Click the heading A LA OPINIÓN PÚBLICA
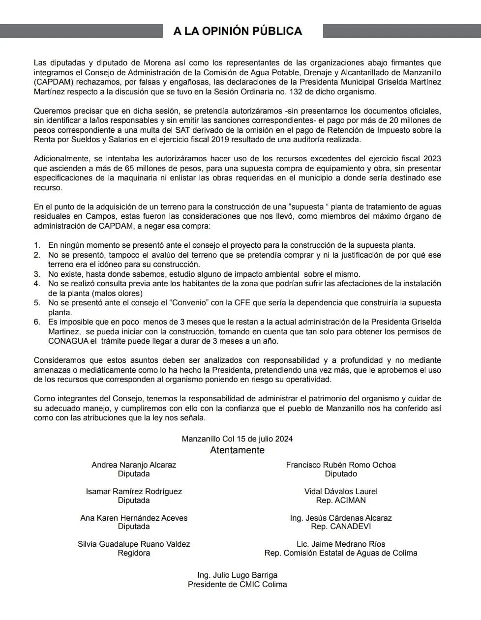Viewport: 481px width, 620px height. [x=238, y=31]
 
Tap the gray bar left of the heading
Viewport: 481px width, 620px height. [x=81, y=31]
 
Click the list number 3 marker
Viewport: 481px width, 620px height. [x=37, y=274]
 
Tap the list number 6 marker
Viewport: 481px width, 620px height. [x=37, y=322]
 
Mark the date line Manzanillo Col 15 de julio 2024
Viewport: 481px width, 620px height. [x=237, y=439]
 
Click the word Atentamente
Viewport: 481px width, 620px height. [x=237, y=450]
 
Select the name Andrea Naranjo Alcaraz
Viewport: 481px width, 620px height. [x=134, y=465]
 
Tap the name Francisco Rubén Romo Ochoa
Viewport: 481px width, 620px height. [x=341, y=465]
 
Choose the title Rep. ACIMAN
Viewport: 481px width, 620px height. [x=341, y=501]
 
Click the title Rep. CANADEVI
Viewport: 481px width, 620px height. [x=341, y=527]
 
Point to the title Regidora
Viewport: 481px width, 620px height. [x=134, y=553]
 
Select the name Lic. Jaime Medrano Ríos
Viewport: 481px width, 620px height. [x=341, y=544]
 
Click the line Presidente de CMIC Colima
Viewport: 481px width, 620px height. [x=237, y=585]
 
